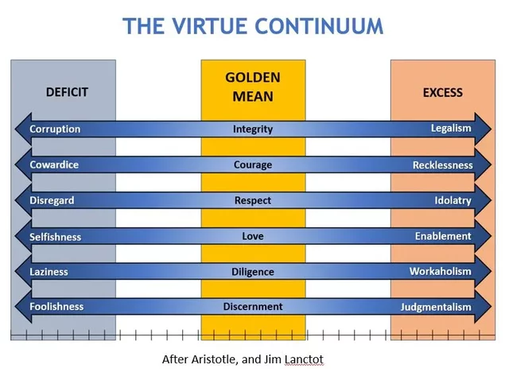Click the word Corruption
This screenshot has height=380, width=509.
click(55, 129)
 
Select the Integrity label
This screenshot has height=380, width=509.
click(253, 129)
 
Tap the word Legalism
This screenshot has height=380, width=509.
click(451, 128)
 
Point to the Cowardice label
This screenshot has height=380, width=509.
click(54, 165)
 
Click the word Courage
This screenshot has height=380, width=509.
click(253, 165)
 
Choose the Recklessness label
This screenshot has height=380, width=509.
click(442, 165)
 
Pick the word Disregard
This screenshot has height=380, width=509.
click(52, 200)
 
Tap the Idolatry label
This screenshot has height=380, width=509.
click(453, 200)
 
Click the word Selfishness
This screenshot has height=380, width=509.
click(56, 237)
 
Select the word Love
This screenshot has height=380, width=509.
click(253, 236)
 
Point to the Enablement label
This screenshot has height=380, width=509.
click(443, 236)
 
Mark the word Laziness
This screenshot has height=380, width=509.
click(49, 272)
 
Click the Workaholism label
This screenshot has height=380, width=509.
click(441, 271)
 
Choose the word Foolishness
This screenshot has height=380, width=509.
click(56, 306)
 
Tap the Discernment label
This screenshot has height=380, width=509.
click(253, 306)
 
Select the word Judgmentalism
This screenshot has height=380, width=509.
click(436, 307)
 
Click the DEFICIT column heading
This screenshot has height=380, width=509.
click(67, 92)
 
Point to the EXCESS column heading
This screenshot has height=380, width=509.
click(442, 92)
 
